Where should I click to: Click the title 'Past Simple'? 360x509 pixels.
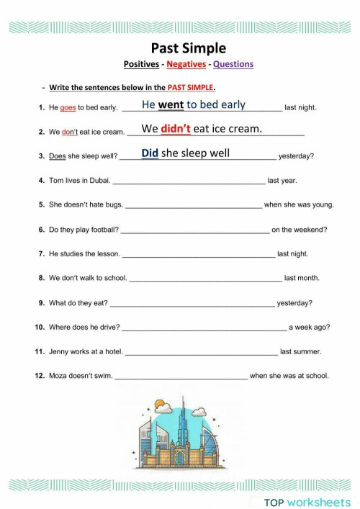(188, 48)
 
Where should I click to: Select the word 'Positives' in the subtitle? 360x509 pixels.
(141, 64)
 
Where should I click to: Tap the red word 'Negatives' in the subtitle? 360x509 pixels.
(186, 64)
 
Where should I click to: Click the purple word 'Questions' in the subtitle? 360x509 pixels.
(233, 64)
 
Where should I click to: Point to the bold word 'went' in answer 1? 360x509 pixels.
(171, 105)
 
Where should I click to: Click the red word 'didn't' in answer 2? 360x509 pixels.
(176, 130)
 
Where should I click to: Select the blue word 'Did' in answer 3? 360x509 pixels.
(150, 153)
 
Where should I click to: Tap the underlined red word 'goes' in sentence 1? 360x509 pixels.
(68, 108)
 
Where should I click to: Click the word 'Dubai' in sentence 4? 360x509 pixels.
(97, 181)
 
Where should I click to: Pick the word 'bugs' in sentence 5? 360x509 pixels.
(113, 205)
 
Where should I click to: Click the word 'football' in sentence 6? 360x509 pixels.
(102, 230)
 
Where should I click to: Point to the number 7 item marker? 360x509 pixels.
(41, 254)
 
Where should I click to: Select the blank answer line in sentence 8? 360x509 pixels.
(205, 280)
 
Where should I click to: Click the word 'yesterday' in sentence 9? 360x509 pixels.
(294, 303)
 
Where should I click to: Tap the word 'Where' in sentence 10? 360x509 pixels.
(60, 328)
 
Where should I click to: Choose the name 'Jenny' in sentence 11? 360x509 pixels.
(59, 352)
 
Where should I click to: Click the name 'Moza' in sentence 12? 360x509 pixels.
(58, 376)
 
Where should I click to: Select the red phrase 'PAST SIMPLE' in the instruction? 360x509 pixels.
(191, 88)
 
